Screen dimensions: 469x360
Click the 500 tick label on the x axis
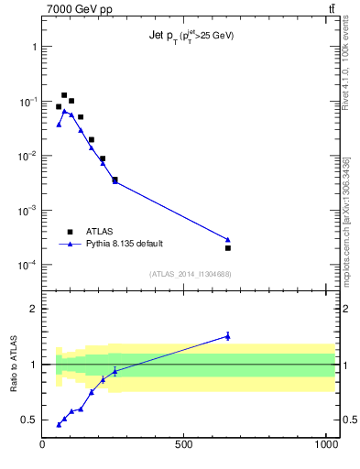click(184, 445)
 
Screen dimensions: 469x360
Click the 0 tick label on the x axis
click(43, 445)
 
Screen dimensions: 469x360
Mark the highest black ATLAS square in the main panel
click(64, 95)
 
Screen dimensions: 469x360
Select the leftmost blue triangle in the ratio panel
click(59, 424)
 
